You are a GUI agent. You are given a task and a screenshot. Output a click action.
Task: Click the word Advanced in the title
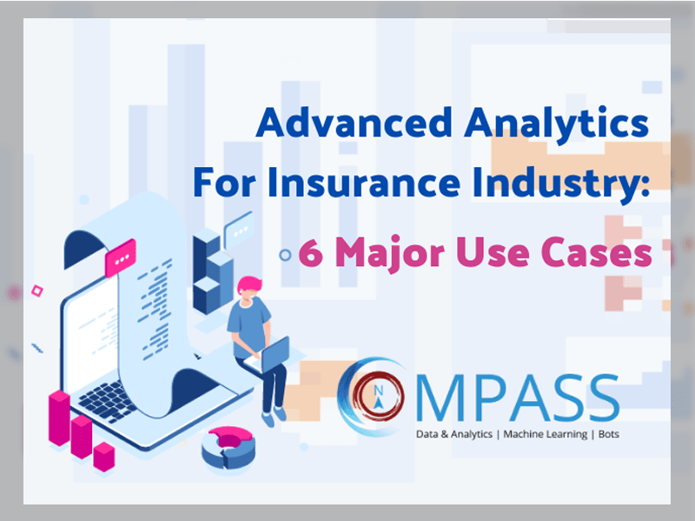354,122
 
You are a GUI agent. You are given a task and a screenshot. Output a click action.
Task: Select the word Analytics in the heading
557,124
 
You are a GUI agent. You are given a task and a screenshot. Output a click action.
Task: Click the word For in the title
224,182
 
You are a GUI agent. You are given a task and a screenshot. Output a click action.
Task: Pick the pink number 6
310,251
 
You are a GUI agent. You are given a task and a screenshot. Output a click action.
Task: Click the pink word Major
389,253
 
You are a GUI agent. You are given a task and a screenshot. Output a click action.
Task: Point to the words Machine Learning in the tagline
546,434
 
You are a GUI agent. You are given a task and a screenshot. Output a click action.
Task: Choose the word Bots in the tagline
609,434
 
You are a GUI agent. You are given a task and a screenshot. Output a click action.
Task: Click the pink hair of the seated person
249,284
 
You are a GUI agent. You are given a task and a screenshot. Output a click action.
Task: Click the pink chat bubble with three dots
120,257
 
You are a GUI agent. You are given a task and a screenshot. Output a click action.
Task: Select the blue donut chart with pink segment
228,447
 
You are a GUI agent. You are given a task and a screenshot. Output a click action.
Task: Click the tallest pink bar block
59,418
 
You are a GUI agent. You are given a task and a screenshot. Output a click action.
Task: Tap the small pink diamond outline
37,291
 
